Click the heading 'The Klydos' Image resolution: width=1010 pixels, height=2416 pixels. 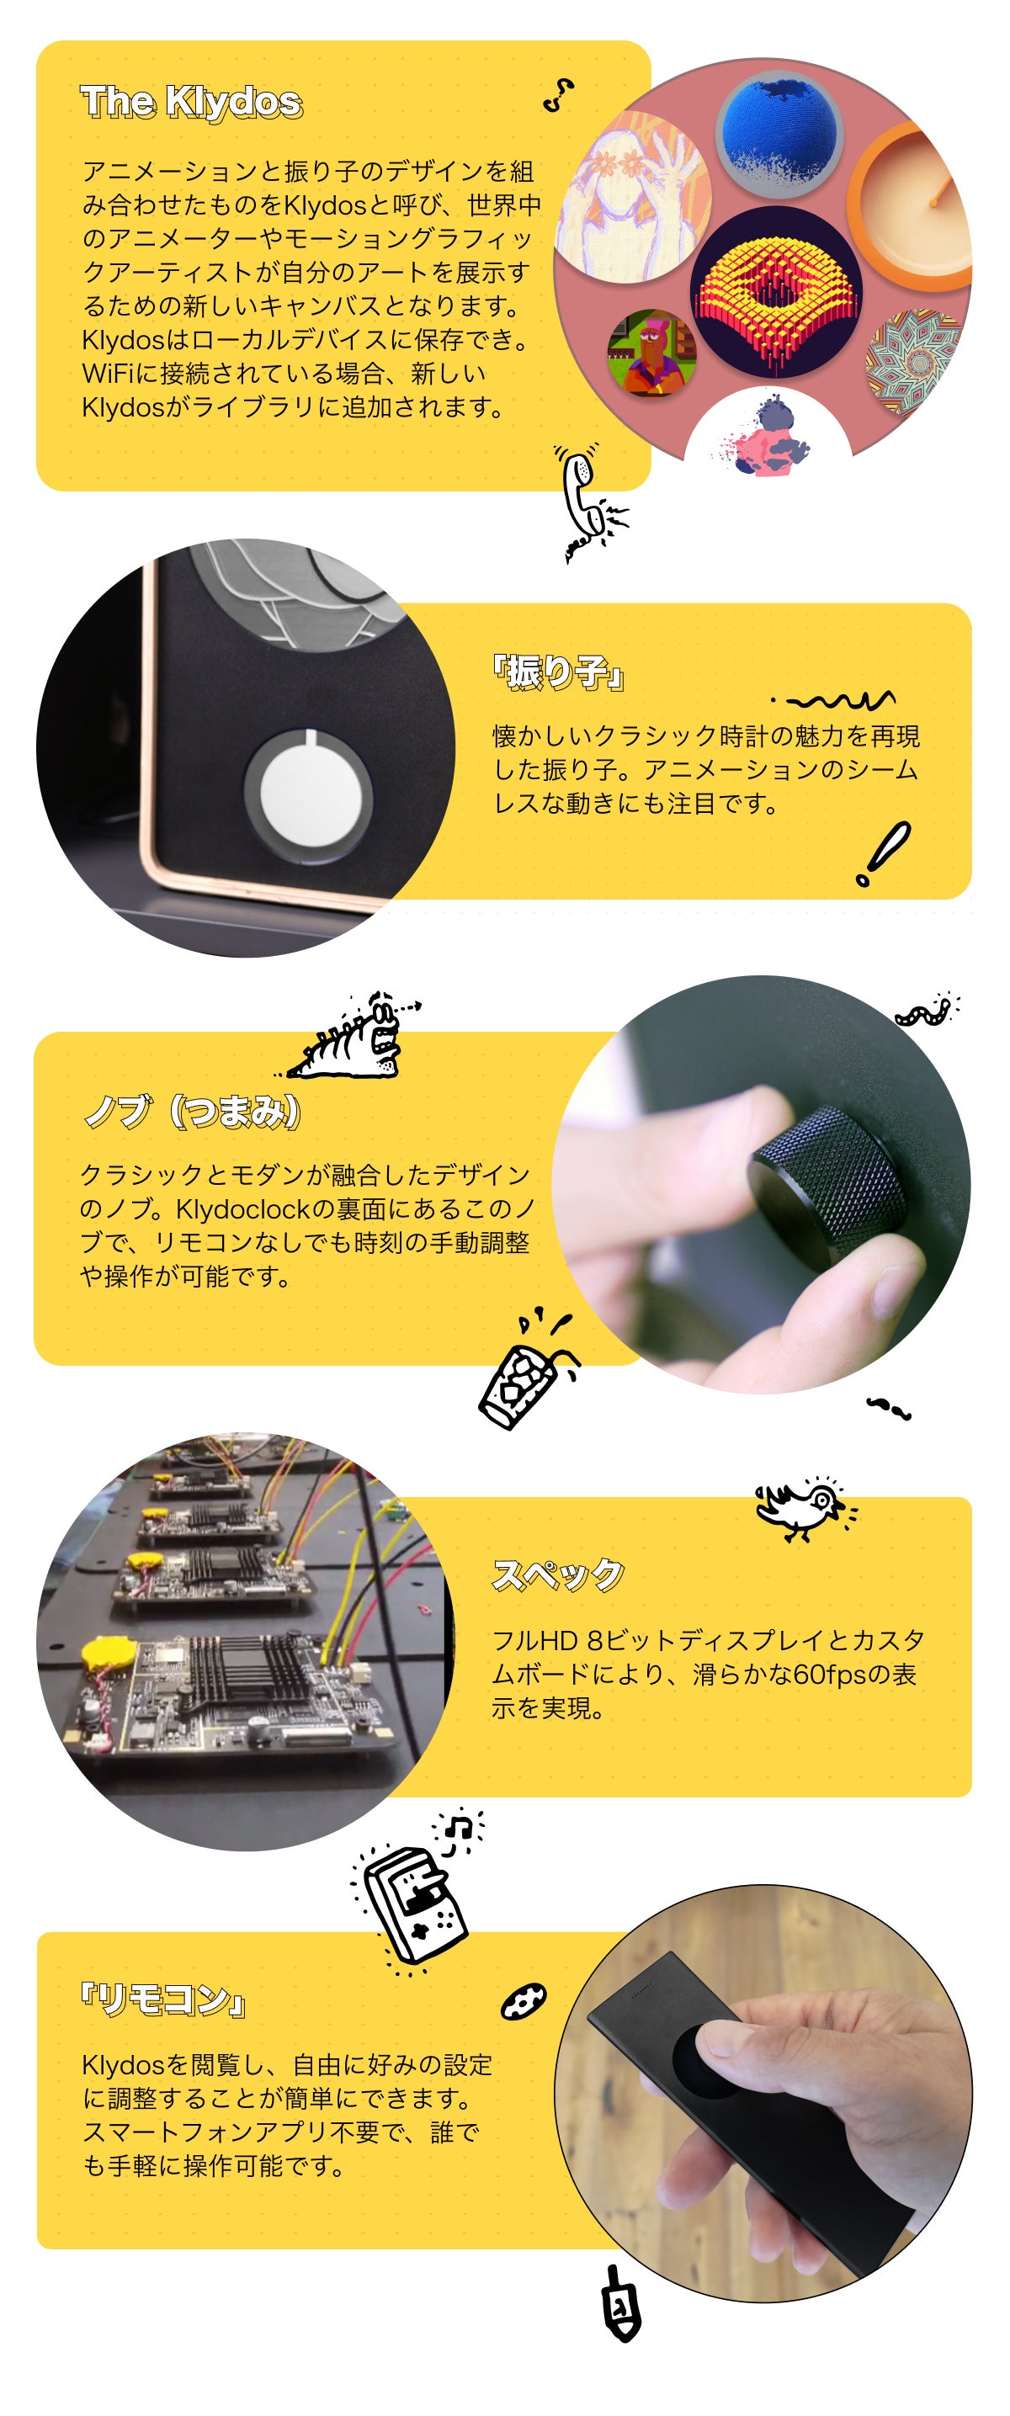191,101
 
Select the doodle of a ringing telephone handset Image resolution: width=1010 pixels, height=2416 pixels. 590,502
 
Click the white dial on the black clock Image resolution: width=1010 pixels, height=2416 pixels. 309,796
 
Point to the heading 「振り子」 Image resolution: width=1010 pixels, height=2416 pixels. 559,672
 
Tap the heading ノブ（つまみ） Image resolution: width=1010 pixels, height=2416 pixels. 192,1112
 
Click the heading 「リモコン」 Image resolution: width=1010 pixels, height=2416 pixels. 164,2001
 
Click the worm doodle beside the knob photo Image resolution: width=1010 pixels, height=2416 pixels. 927,1011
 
